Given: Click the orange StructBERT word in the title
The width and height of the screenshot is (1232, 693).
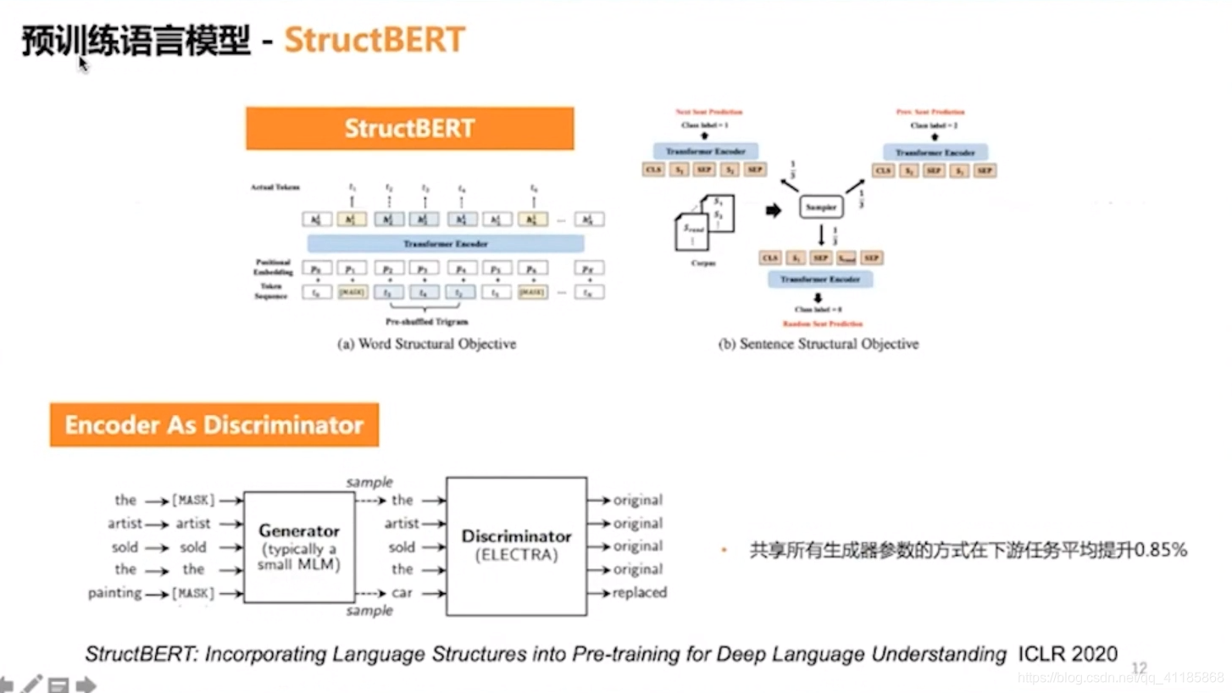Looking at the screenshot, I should pos(375,40).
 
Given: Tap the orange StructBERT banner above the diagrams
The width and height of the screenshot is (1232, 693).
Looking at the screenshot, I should pos(409,129).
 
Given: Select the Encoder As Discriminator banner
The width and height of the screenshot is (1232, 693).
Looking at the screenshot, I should pos(214,425).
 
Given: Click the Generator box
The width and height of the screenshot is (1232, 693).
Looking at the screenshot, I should pos(299,546).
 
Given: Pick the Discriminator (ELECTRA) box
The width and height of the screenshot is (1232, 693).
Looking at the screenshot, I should pos(516,546).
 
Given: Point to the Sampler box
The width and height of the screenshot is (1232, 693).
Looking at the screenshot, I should pos(820,206).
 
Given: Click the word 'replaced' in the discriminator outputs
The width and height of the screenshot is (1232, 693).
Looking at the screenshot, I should pos(639,592).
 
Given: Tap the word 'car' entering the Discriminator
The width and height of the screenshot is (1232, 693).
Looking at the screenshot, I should pos(402,592).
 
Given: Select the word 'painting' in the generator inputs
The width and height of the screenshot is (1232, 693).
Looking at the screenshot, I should pos(114,592).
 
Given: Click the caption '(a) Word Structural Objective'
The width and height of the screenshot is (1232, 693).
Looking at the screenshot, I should pos(427,344).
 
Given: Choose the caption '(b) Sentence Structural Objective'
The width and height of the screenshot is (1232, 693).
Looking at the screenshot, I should pos(819,344).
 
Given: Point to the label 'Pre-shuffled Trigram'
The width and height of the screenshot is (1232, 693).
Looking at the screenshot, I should pos(427,322).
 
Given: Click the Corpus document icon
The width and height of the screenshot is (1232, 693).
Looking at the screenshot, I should pos(703,222).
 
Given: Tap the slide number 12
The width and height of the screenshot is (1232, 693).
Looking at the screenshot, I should pos(1139,668).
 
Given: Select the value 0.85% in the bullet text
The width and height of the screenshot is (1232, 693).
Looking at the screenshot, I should pos(1161,551).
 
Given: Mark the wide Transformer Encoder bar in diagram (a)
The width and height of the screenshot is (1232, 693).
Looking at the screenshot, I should pos(445,244).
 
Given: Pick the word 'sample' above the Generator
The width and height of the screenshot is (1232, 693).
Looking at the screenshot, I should pos(369,482).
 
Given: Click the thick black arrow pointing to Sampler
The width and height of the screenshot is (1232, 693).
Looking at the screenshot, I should pos(773,210).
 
